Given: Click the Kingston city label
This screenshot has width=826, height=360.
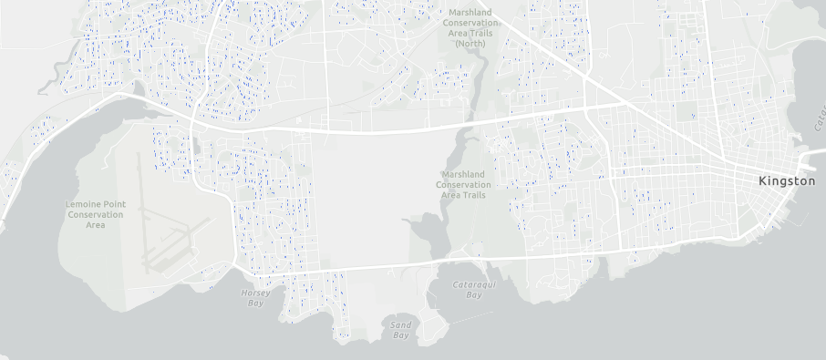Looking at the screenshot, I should [x=786, y=181].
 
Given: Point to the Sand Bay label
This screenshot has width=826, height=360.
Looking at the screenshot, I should [x=400, y=330].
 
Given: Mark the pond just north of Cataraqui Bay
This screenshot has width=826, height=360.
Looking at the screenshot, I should [x=425, y=233].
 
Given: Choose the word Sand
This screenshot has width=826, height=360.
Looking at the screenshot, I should [x=400, y=324].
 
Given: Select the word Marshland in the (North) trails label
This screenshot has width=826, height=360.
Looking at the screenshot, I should [x=468, y=12].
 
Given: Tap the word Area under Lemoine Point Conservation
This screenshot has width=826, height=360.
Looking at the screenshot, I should [x=96, y=225].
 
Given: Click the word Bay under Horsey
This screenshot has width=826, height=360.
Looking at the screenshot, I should [x=253, y=303].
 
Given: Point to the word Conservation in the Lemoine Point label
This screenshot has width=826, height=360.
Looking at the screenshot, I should [x=96, y=214].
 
